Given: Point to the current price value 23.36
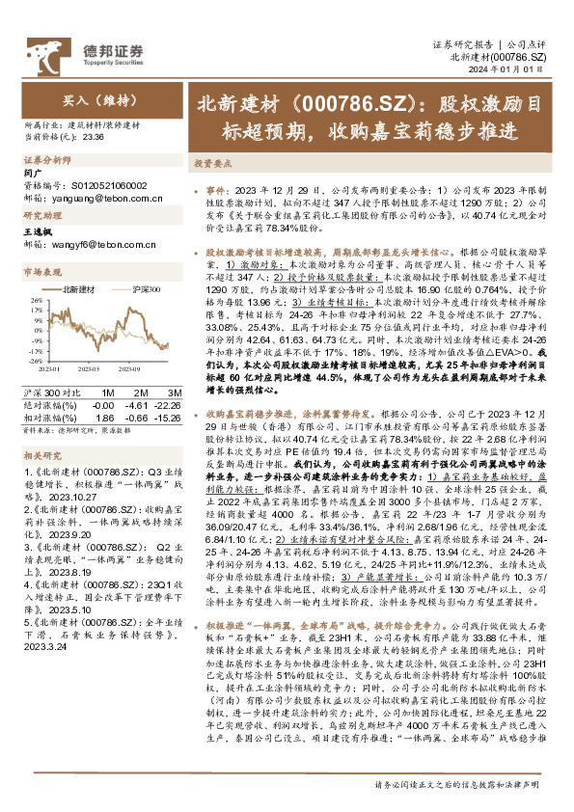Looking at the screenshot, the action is coord(95,135).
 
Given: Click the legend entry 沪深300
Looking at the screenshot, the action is coord(145,289).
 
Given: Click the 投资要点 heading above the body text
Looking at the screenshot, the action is coord(214,165).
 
